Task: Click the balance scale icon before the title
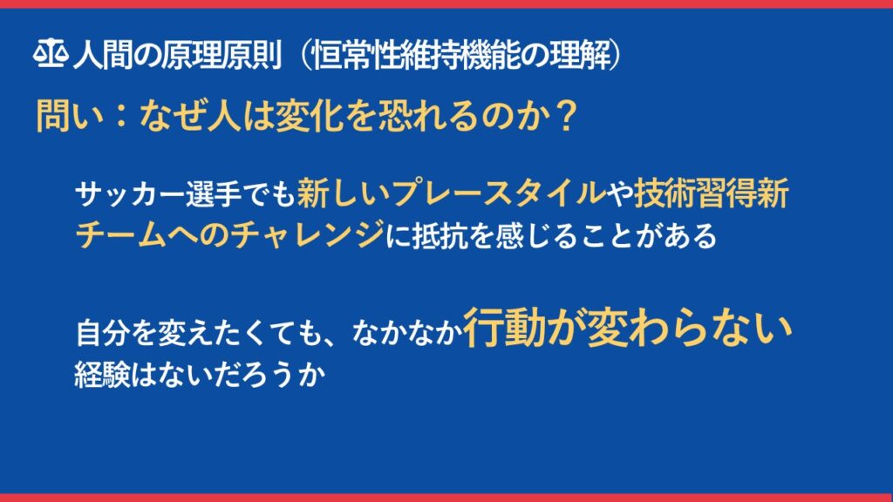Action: [x=51, y=53]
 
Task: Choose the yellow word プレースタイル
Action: [x=498, y=193]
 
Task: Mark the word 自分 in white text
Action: [x=103, y=333]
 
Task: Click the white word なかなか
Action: [x=406, y=333]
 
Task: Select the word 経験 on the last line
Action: [x=103, y=375]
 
